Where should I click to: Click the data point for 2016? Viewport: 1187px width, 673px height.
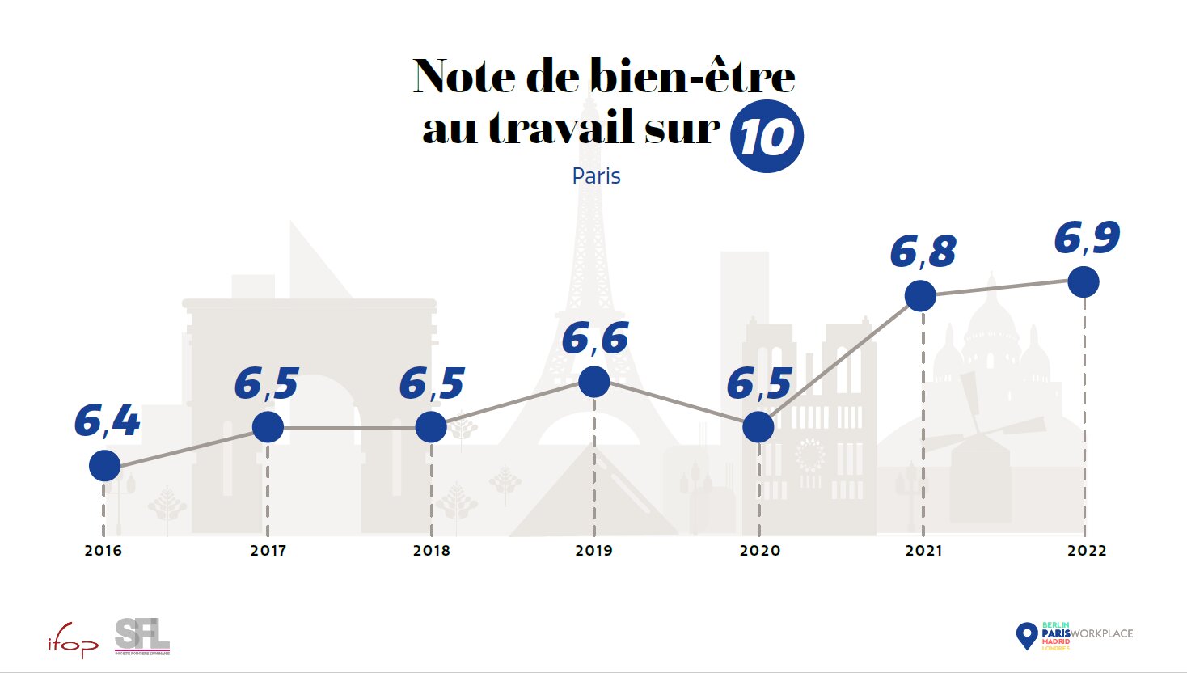[104, 465]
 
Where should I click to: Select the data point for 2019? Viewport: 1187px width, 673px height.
[594, 382]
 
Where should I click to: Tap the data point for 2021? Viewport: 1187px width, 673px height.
[920, 295]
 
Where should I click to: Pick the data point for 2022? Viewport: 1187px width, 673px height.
[1084, 281]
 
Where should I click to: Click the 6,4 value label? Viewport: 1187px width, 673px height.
[107, 421]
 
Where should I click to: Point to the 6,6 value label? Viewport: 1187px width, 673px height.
[595, 338]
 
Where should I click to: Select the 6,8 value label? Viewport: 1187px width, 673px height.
[923, 252]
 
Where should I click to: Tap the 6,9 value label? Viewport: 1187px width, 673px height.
[1087, 238]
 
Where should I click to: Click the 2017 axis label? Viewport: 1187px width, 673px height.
[268, 551]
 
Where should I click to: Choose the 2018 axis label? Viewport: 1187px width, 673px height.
[432, 551]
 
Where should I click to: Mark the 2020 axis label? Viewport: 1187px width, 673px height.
[760, 551]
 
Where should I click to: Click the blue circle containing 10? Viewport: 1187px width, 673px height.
[767, 137]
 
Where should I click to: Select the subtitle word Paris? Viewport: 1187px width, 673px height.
[596, 176]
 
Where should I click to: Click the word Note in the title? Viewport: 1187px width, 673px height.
[464, 76]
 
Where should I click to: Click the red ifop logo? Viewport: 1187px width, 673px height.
[72, 642]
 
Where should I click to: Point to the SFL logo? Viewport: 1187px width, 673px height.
[142, 636]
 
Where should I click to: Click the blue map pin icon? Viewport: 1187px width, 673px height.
[1026, 635]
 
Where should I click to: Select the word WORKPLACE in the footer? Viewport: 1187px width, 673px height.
[1101, 633]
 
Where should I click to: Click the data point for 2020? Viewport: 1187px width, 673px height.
[758, 426]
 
